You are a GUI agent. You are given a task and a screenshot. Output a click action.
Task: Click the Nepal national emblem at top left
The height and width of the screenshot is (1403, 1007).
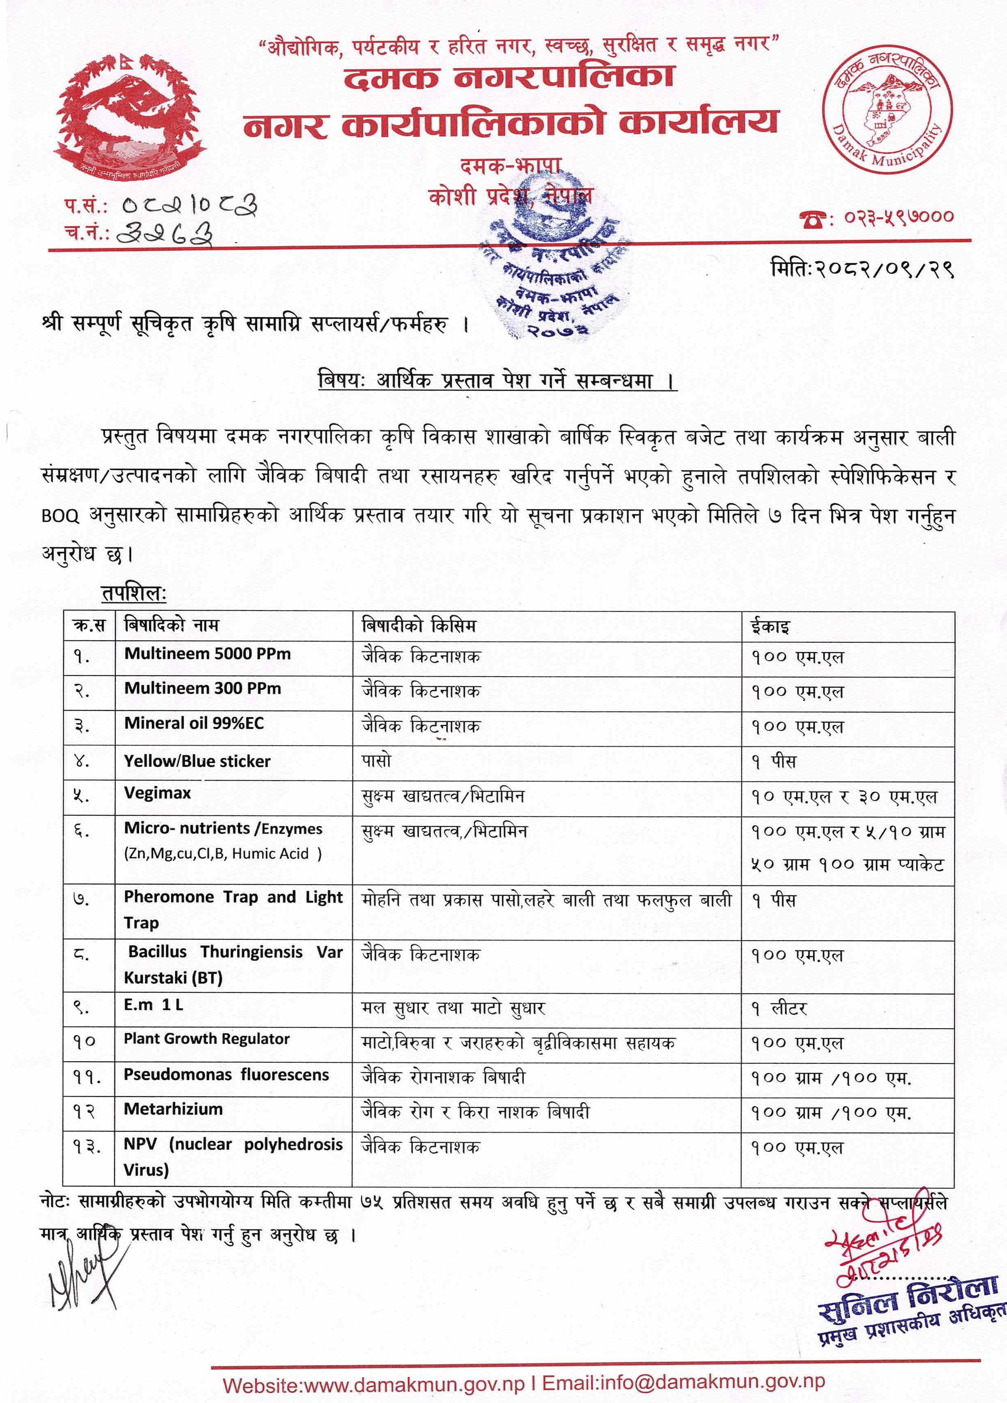[x=131, y=116]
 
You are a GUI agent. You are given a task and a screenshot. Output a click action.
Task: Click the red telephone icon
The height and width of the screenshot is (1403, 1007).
[x=812, y=218]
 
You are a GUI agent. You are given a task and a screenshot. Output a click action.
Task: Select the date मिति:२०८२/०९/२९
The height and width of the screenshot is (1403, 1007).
[x=862, y=270]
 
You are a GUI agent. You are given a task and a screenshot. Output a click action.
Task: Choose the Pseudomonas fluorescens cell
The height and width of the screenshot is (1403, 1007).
[x=226, y=1075]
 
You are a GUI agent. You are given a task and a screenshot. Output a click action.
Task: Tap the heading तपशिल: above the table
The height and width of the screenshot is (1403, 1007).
[x=134, y=593]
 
